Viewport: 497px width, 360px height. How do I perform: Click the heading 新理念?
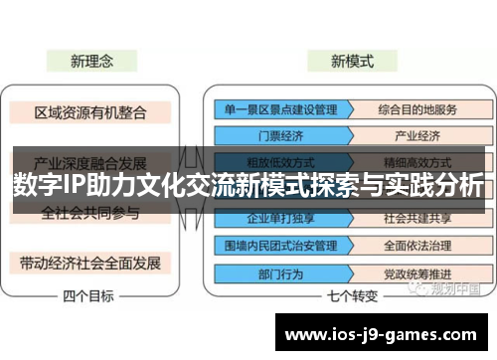[90, 61]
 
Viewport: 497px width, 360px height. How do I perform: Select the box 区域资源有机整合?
[90, 111]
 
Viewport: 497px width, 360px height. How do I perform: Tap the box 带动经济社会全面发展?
[90, 263]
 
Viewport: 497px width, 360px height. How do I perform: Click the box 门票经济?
[268, 135]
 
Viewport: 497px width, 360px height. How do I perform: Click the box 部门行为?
[268, 270]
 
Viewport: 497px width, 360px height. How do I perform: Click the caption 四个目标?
[88, 295]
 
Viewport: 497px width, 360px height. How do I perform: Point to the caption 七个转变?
[351, 295]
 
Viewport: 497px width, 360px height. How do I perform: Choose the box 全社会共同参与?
[90, 213]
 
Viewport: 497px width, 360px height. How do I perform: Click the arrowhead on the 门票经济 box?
[335, 135]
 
